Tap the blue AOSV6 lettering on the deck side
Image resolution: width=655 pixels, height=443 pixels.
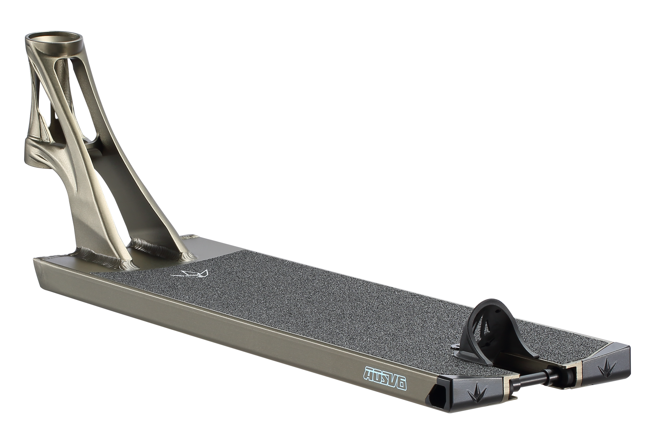pyautogui.click(x=385, y=379)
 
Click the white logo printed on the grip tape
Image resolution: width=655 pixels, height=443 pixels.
pyautogui.click(x=190, y=274)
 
